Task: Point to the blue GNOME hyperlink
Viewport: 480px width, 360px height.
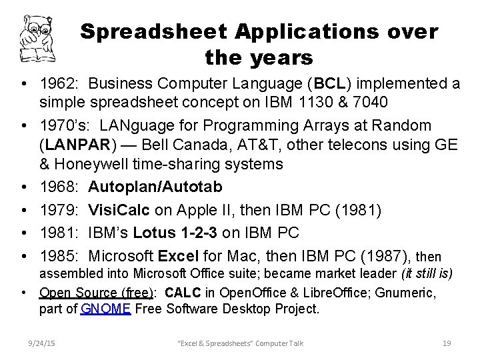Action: point(105,309)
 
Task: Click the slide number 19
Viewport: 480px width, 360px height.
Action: point(447,343)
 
